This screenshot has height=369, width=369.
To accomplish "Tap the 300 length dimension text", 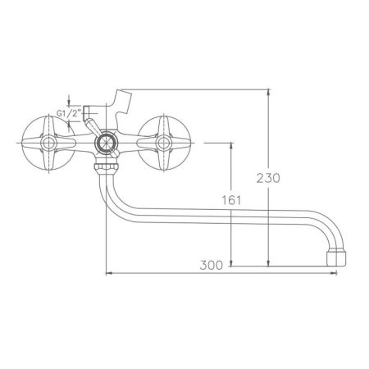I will (x=212, y=265).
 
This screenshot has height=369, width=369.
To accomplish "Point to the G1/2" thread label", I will (x=68, y=115).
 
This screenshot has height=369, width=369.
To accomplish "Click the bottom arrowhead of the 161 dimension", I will (x=233, y=262).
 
